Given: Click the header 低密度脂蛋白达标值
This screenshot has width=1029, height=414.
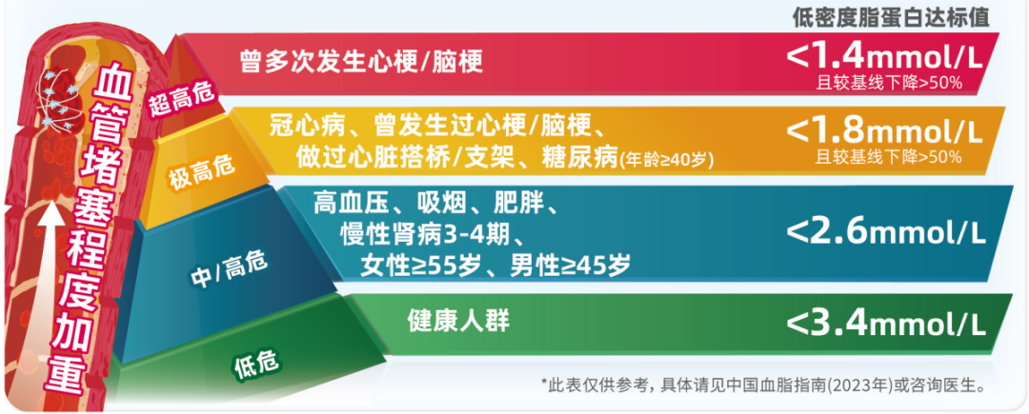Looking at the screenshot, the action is click(891, 18).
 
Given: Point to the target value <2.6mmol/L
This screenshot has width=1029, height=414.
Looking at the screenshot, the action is click(885, 232).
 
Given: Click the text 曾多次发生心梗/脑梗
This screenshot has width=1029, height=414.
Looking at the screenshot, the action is click(362, 61).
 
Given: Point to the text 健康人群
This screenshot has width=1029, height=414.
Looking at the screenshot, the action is click(458, 320).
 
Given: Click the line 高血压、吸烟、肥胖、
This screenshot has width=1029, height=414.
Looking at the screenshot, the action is click(434, 204).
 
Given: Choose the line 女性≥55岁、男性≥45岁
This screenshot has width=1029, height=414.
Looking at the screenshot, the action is click(494, 266).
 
